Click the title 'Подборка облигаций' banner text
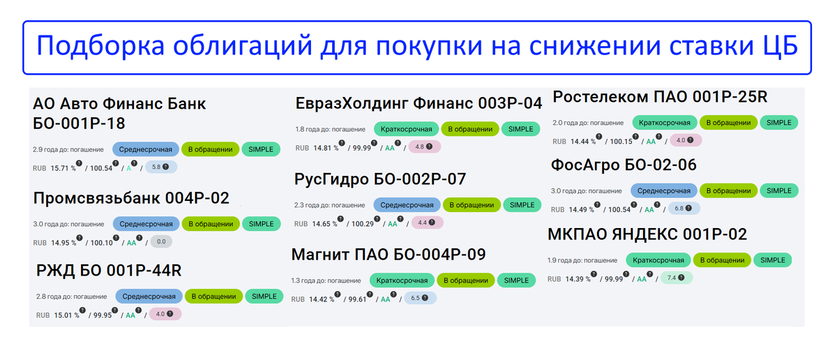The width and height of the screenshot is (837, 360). pyautogui.click(x=417, y=47)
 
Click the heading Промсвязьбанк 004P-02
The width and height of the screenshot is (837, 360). pyautogui.click(x=131, y=198)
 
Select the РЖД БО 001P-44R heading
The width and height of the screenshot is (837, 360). pyautogui.click(x=110, y=271)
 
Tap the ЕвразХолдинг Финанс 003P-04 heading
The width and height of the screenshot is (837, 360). pyautogui.click(x=418, y=103)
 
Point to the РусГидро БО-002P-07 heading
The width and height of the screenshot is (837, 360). pyautogui.click(x=380, y=179)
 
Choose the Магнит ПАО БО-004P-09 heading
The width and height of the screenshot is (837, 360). pyautogui.click(x=388, y=254)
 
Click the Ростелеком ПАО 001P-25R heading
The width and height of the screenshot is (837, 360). pyautogui.click(x=659, y=97)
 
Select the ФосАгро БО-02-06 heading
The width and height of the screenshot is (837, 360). pyautogui.click(x=624, y=165)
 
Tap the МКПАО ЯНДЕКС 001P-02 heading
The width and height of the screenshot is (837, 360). pyautogui.click(x=647, y=234)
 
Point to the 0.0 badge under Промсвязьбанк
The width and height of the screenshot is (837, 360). pyautogui.click(x=161, y=242)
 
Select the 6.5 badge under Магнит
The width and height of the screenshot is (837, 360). pyautogui.click(x=420, y=298)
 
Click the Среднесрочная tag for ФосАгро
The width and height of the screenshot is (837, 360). pyautogui.click(x=664, y=190)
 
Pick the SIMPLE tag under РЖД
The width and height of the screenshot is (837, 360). pyautogui.click(x=264, y=297)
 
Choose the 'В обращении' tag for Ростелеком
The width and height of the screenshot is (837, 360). pyautogui.click(x=728, y=123)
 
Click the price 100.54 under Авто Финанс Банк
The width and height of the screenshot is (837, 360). pyautogui.click(x=103, y=168)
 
